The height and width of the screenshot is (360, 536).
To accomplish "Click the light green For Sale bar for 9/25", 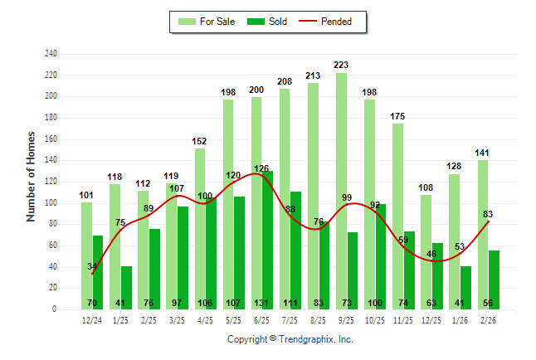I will coord(341,191).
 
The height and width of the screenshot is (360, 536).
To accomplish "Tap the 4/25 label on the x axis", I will coord(205,319).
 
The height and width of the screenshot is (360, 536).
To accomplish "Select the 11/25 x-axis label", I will coord(402,319).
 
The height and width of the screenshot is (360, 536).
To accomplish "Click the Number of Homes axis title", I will coord(32,176).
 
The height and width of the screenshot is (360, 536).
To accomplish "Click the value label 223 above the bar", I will coord(341,65).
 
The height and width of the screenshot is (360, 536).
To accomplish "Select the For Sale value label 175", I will coord(398,116).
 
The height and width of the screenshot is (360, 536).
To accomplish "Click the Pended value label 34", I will coord(92,266).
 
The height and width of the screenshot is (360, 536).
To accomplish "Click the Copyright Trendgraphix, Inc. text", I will coord(290,339).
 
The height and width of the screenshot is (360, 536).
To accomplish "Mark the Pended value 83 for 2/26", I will coord(488,215).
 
